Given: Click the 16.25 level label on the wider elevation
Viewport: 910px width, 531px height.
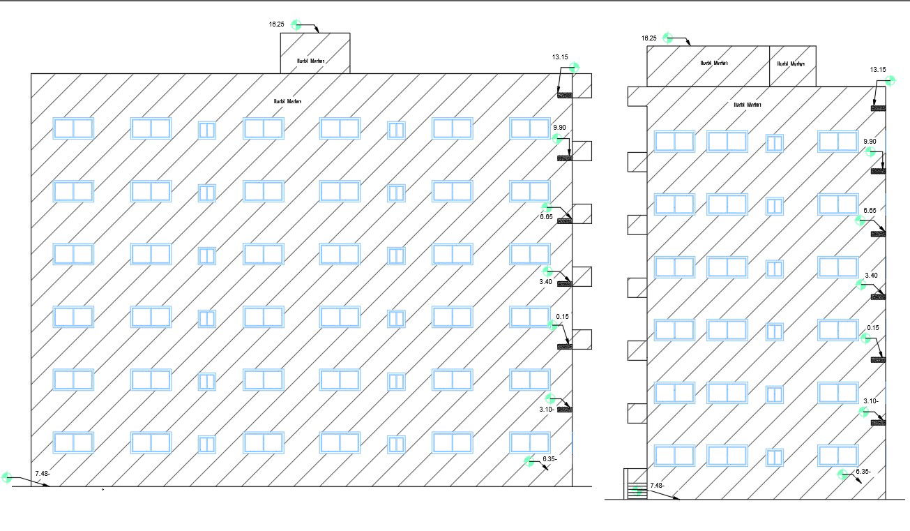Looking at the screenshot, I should pos(276,24).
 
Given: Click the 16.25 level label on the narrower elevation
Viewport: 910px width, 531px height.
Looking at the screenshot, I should pos(649,38).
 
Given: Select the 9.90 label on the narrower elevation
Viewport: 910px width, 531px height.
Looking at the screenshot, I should pos(870,142).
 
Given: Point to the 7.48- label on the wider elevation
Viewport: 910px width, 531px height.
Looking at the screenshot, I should pos(42,473).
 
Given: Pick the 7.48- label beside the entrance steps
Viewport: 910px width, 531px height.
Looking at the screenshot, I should pos(657,486).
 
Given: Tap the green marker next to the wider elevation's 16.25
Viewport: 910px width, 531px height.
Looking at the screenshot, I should pos(296,25).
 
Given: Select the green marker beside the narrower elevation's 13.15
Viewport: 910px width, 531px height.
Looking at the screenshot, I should pos(890,82).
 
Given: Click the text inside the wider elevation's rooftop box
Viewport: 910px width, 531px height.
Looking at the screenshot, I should pos(312,61).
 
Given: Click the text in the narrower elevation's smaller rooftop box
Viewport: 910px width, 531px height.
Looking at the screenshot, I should pos(791,63).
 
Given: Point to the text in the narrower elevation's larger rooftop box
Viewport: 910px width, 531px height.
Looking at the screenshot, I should pos(714,63).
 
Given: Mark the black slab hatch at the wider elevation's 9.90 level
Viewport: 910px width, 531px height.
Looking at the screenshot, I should pos(564,159).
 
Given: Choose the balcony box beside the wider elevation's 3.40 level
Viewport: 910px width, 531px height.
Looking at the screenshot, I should pos(582,276).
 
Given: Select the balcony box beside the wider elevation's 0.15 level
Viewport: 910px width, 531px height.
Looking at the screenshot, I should pos(582,339).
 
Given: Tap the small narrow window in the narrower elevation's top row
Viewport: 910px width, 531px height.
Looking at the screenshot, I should pos(775,142).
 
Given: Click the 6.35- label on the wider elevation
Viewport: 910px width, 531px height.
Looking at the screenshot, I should pos(549,459).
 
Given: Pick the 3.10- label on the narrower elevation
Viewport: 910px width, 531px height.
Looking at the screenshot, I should pos(871,401).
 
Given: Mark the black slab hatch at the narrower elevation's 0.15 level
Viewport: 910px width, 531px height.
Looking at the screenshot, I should pos(878,359).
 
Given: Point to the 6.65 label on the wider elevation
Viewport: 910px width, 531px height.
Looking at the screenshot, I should pos(546,217).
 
